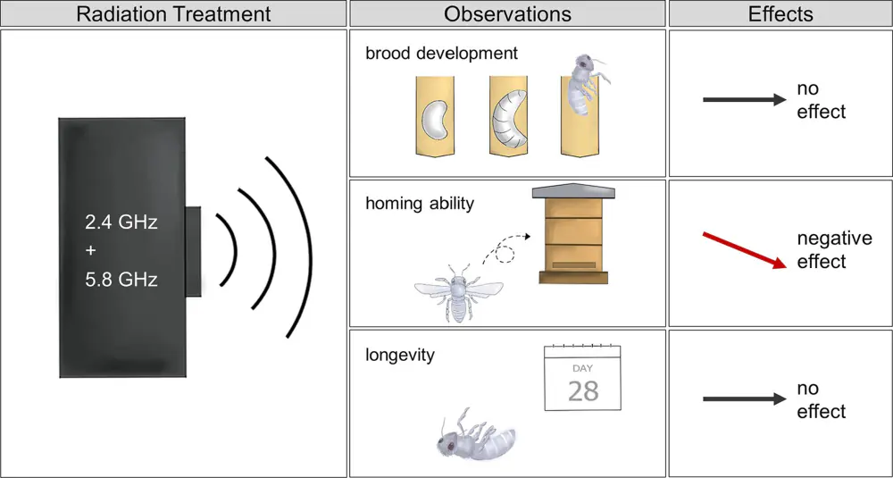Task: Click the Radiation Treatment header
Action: (174, 13)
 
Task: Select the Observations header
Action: (507, 13)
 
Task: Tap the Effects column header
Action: (780, 13)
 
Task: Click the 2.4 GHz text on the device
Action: (121, 222)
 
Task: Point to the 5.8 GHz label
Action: (121, 280)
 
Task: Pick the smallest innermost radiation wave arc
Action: (229, 249)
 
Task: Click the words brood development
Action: (442, 54)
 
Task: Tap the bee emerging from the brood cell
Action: (585, 83)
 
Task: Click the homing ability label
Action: (420, 204)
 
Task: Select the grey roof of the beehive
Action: (573, 191)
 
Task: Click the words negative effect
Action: (834, 250)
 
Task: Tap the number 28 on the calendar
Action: (583, 390)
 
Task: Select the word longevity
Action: (400, 355)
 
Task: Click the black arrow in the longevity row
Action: (745, 399)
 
